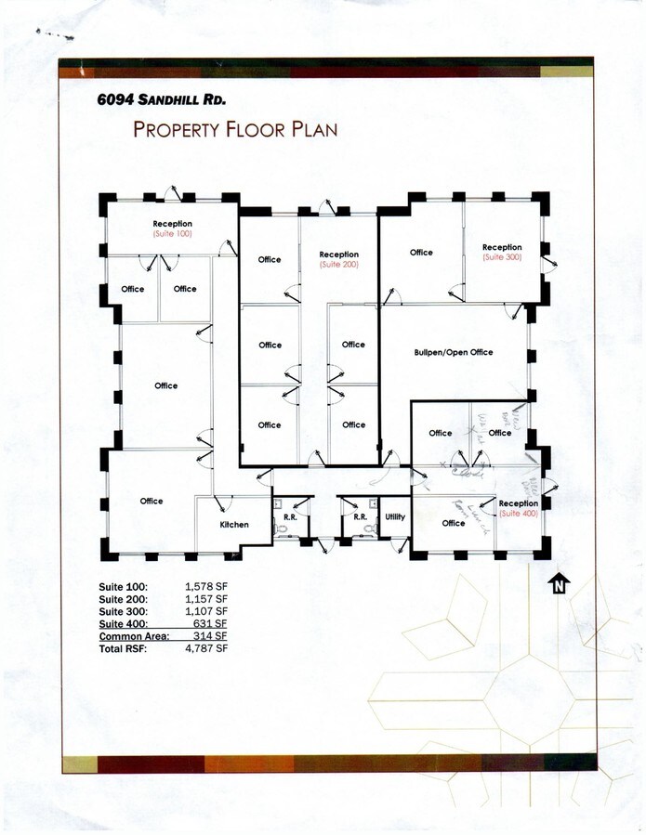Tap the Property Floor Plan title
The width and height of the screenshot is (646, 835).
[x=235, y=129]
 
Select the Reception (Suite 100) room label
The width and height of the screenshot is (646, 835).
[x=173, y=228]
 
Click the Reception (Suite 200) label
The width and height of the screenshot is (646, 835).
[x=338, y=259]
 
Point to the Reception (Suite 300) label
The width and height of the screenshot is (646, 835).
[x=502, y=252]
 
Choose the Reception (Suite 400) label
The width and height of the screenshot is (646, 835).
[x=518, y=508]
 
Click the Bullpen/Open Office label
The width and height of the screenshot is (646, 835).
[x=454, y=352]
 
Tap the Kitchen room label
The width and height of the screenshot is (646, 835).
[x=234, y=525]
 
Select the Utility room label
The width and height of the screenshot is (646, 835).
[x=394, y=516]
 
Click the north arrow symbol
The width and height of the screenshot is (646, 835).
[x=559, y=585]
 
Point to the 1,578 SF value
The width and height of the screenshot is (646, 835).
[x=206, y=587]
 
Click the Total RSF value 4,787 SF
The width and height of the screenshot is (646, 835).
[x=206, y=648]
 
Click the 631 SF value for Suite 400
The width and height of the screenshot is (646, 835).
[x=211, y=624]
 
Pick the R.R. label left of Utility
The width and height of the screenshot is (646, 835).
[x=359, y=516]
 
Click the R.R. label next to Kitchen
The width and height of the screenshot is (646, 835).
[x=288, y=516]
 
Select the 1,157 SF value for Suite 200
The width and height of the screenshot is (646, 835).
[x=206, y=600]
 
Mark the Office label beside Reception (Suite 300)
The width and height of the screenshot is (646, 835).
[x=421, y=253]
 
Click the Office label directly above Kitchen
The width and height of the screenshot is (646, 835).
[x=152, y=501]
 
